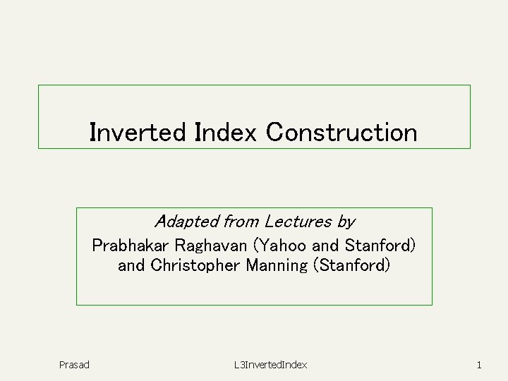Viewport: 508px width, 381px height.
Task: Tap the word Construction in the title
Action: point(341,132)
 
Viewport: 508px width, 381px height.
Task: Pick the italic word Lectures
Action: point(298,222)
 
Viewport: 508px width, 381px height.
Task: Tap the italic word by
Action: point(346,222)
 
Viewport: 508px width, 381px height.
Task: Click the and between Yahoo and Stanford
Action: point(325,246)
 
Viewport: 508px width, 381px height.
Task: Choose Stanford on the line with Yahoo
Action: point(377,246)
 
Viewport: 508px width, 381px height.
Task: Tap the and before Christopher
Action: point(131,266)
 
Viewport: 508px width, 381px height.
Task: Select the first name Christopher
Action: point(195,266)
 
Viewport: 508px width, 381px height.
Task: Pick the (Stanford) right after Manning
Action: point(351,266)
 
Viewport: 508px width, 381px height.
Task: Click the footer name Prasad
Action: point(74,365)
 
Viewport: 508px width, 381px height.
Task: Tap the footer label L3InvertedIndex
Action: point(271,365)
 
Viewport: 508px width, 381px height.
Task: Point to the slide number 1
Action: point(479,365)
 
